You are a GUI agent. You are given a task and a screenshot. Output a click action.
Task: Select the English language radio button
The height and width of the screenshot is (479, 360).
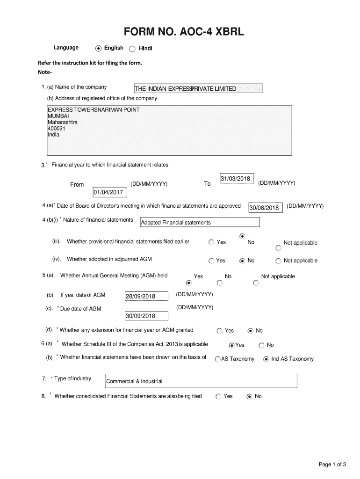coord(98,48)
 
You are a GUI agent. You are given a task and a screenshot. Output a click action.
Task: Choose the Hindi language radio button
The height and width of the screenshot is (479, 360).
coord(132,49)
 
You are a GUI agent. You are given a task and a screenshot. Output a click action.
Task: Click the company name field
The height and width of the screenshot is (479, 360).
coord(198,89)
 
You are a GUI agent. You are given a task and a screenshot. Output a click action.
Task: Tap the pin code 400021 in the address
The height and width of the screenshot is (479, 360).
coord(56,128)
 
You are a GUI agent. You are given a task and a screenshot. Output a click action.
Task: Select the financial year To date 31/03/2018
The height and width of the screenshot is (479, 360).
coord(236,179)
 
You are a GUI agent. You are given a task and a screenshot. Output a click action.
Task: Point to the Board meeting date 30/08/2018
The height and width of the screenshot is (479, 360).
coord(265,208)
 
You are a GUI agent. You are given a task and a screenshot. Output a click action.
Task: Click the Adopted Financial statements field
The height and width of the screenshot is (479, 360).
coord(200,223)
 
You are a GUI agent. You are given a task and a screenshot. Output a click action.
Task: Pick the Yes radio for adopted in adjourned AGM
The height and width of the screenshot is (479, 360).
coord(212,261)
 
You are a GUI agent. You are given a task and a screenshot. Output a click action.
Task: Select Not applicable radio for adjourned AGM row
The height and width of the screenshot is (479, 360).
coord(279,261)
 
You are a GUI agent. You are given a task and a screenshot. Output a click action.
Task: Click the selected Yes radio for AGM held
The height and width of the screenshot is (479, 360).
coord(189,283)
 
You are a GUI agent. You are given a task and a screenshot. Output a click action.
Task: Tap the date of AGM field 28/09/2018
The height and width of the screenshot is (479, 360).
coord(146,297)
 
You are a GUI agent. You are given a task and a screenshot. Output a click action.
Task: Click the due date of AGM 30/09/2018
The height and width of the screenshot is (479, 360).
coord(146,316)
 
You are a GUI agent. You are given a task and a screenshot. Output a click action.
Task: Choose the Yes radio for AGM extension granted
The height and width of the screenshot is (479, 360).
coord(219,331)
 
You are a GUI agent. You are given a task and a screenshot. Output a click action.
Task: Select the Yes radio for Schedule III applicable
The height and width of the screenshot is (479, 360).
coord(231,345)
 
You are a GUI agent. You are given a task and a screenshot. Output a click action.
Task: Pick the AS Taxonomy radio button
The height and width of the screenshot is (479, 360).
coord(218,359)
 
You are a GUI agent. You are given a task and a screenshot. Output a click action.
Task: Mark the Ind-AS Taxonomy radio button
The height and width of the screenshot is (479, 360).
coord(266,359)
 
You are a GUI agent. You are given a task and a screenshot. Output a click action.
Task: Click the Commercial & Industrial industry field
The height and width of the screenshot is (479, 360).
coord(201,381)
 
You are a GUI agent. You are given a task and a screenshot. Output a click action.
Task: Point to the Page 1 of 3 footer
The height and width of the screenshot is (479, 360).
coord(332,464)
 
